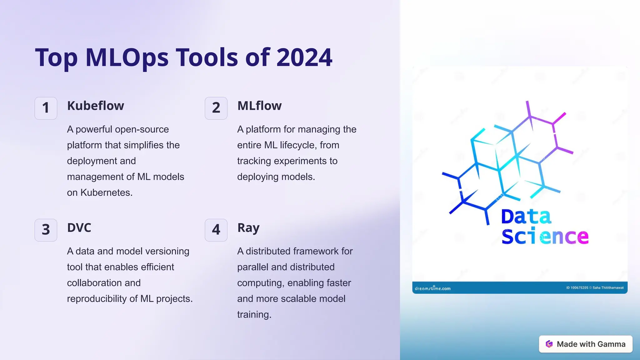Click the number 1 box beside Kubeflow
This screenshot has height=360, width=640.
[46, 108]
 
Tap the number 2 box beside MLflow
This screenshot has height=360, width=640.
[216, 108]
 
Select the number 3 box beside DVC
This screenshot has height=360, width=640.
[46, 230]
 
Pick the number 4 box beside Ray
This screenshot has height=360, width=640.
[216, 230]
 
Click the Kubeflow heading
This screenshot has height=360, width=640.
[95, 106]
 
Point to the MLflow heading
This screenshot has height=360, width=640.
[259, 106]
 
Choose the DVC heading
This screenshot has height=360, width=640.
[79, 228]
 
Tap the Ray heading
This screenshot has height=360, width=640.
[248, 228]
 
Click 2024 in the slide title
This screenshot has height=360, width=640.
[304, 57]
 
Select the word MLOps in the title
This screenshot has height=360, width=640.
[127, 58]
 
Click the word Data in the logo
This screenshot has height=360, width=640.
[526, 217]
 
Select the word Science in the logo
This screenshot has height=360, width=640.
[545, 237]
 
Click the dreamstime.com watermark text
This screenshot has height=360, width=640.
[432, 288]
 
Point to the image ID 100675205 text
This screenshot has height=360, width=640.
[577, 288]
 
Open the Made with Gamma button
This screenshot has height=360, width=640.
[586, 344]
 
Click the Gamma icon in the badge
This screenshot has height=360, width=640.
[549, 344]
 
